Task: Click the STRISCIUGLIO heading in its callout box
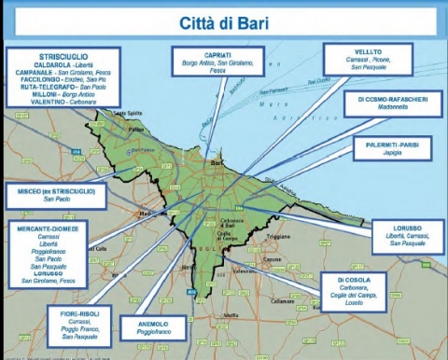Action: tap(63, 56)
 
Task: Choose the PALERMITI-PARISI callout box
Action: tap(392, 150)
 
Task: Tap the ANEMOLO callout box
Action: tap(153, 327)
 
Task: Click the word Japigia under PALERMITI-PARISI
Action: tap(392, 156)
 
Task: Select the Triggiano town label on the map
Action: tap(280, 237)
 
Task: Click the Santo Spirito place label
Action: tap(126, 113)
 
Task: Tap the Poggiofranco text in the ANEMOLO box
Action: tap(153, 331)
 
